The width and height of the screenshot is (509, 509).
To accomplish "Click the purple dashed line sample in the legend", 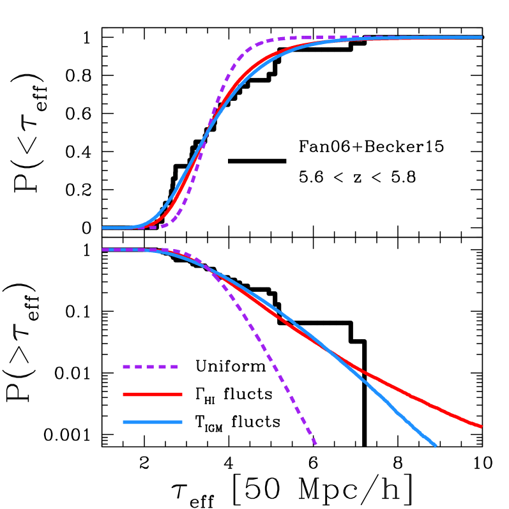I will pos(150,367).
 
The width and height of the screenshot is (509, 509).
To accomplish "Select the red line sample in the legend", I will pos(152,395).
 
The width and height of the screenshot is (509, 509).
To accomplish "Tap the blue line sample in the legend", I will pos(152,422).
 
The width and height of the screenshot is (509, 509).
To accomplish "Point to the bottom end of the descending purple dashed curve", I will pos(315,444).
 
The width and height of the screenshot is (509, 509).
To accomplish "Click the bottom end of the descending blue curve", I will pos(436,445).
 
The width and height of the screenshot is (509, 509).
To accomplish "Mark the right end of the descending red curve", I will pos(482,426).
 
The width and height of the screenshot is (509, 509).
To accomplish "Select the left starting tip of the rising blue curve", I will pos(103,227).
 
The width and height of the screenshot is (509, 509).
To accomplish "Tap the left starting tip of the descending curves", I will pos(103,250).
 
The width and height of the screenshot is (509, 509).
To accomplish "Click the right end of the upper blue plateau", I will pos(482,37).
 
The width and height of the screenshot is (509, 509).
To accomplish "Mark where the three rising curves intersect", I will pos(203,142).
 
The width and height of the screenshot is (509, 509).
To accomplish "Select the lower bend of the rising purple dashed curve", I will pos(172,220).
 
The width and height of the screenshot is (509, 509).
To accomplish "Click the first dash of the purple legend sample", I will pos(126,367).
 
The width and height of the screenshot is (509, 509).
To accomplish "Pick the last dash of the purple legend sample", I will pos(173,367).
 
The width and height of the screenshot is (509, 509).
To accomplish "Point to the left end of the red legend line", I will pos(124,395).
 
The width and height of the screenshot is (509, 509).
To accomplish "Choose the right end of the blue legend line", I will pos(181,422).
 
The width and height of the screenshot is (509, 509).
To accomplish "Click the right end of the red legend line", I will pos(181,395).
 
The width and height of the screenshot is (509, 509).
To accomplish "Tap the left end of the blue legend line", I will pos(124,422).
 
